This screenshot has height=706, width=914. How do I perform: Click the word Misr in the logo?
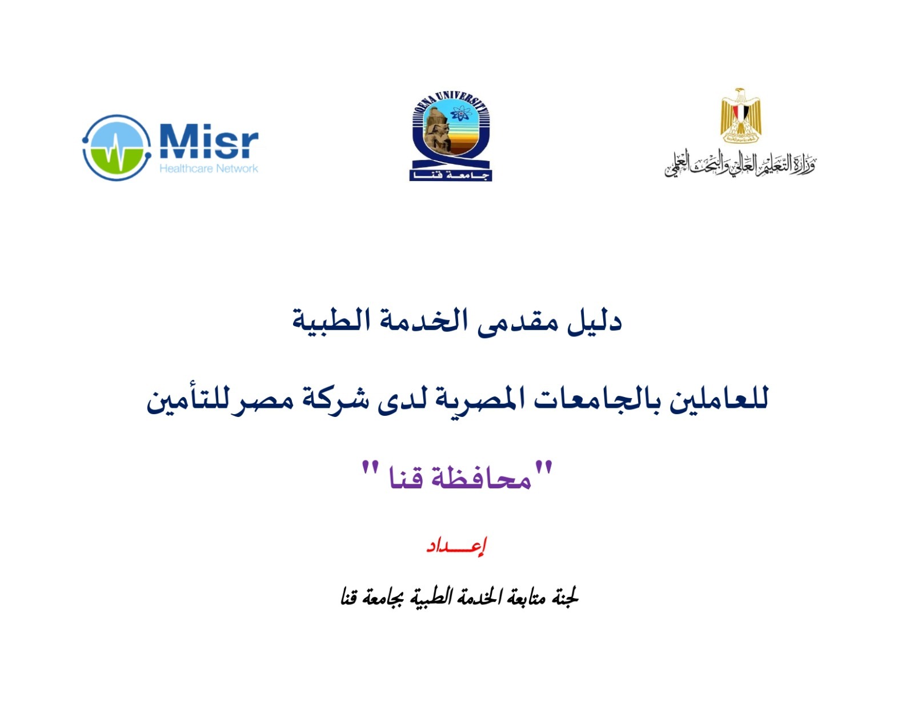[209, 141]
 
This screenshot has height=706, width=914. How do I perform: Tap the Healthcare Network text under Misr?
[209, 169]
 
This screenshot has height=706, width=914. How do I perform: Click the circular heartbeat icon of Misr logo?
[117, 147]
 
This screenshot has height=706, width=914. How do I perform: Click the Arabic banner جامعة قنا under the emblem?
[451, 175]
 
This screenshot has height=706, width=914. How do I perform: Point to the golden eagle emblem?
[741, 115]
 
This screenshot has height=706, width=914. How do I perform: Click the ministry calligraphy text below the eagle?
[740, 165]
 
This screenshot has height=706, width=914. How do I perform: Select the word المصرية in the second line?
[478, 399]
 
